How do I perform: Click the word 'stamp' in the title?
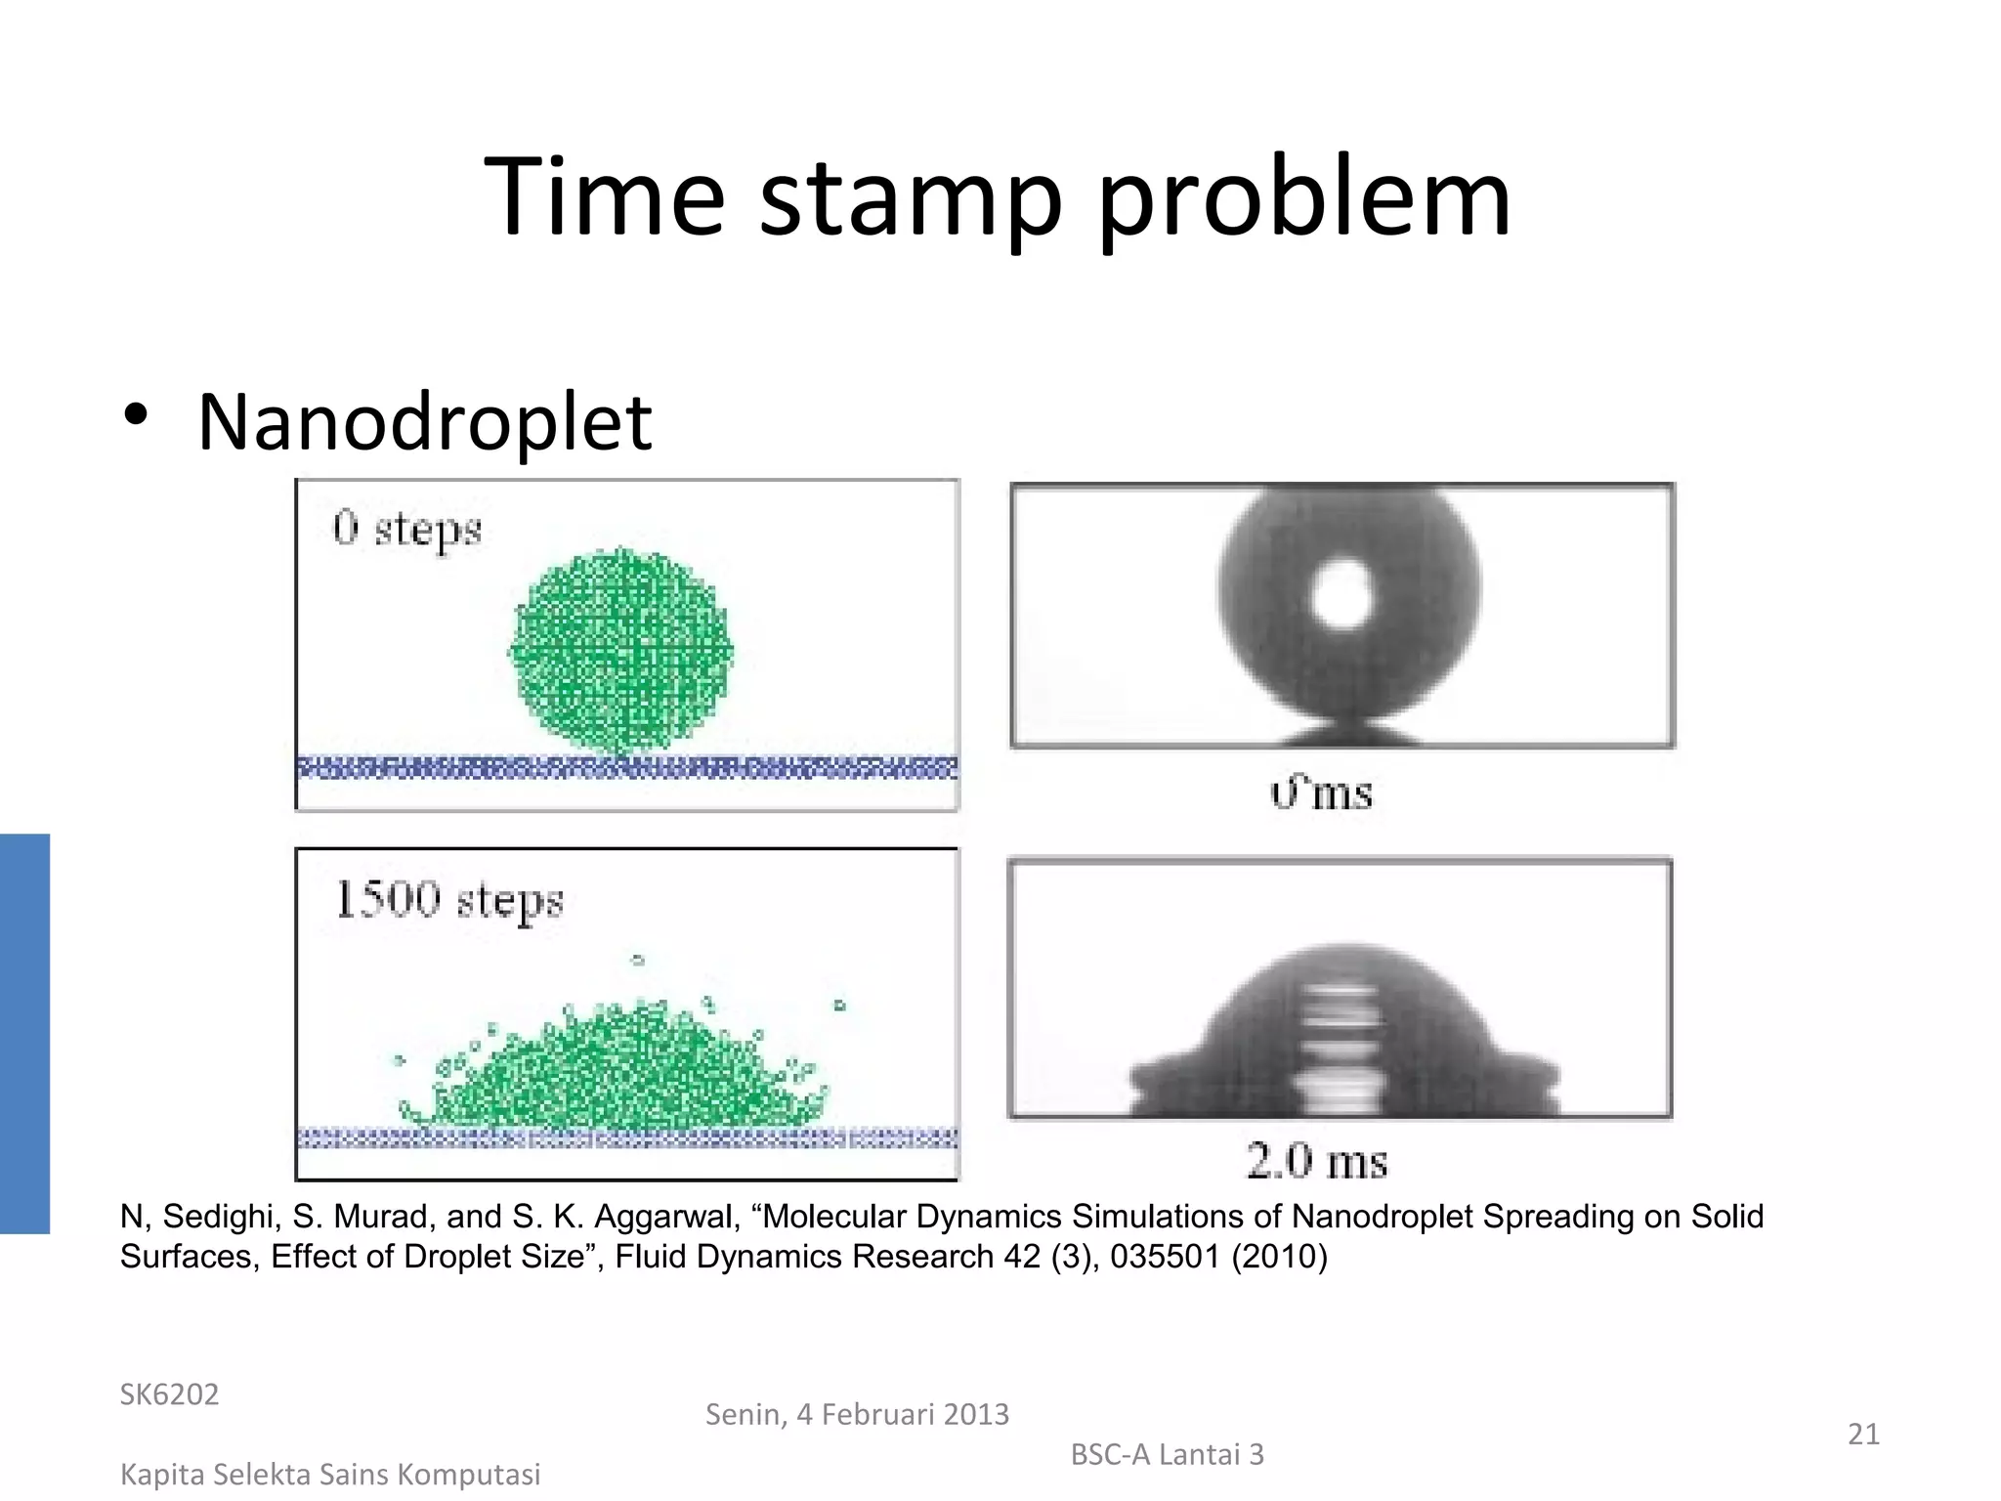(909, 200)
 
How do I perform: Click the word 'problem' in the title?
(1304, 200)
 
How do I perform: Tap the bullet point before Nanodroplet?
(136, 415)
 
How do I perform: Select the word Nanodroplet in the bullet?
(424, 422)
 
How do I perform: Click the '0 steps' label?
(407, 530)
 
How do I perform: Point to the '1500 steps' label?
(449, 900)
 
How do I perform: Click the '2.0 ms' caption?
(1316, 1162)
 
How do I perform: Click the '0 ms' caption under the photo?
(1321, 793)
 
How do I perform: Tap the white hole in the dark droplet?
(1343, 594)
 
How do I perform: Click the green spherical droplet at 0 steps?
(621, 651)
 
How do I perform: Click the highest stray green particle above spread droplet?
(638, 960)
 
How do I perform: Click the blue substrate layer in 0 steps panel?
(625, 768)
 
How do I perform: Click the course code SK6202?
(169, 1394)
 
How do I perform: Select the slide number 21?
(1862, 1434)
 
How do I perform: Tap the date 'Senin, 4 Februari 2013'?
(857, 1414)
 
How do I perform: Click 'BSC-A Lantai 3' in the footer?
(1167, 1455)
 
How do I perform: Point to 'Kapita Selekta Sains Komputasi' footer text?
(329, 1475)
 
